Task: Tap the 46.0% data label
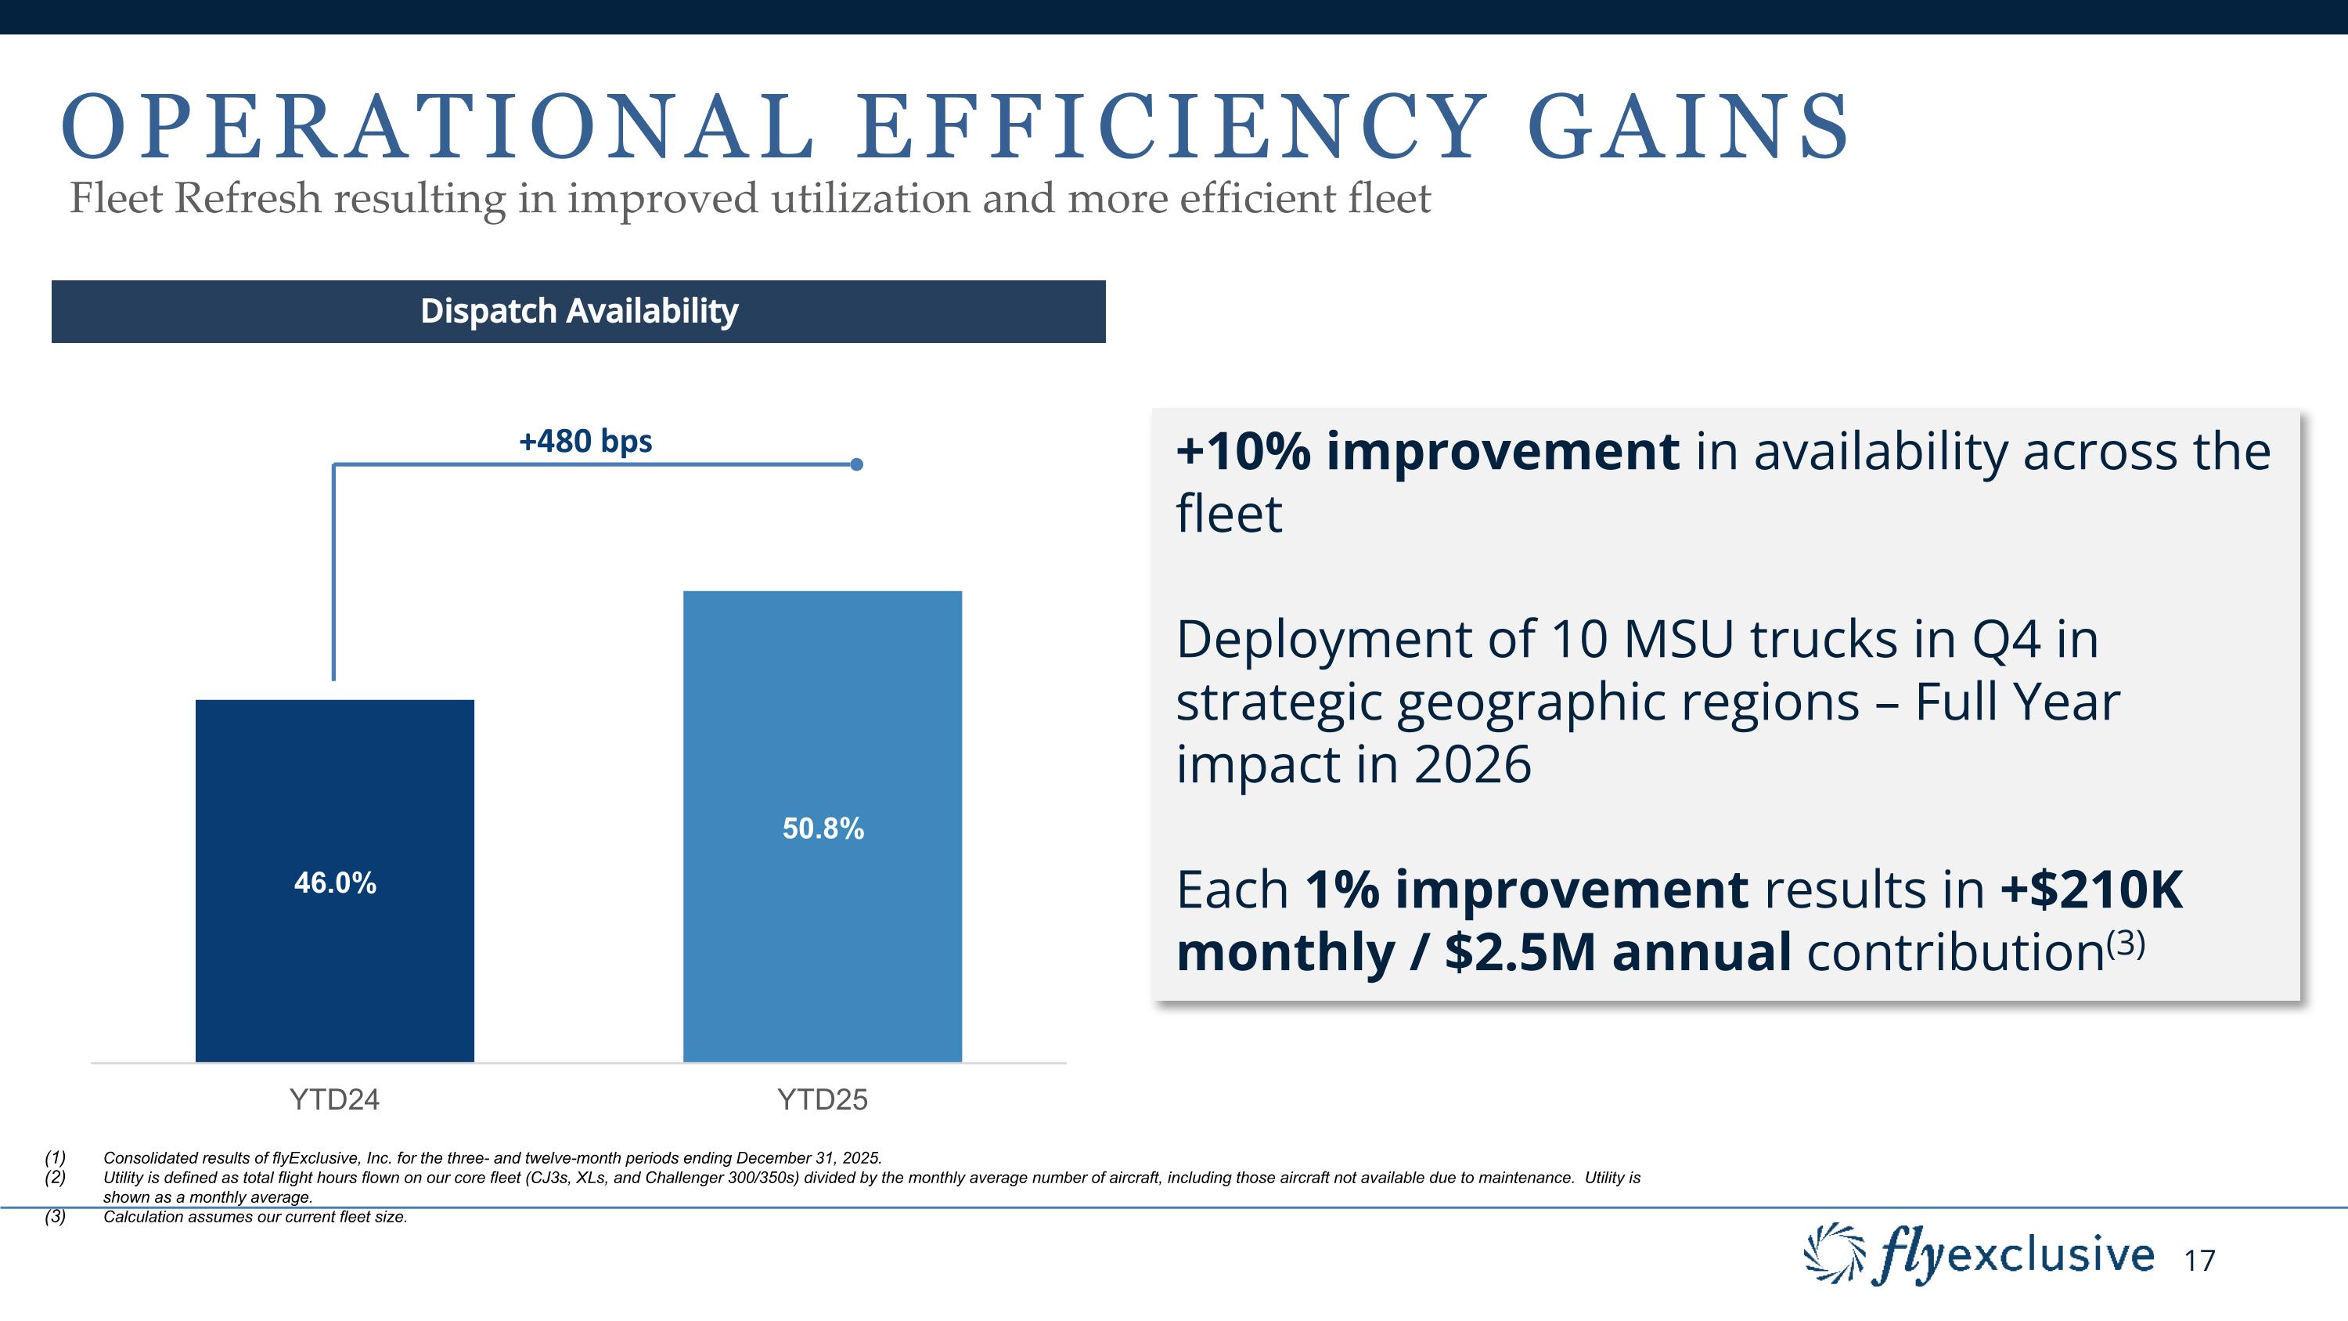(x=334, y=882)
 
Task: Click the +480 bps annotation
(x=585, y=441)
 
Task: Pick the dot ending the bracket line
(x=856, y=465)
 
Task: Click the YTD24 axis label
(x=334, y=1099)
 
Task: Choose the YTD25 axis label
(x=822, y=1099)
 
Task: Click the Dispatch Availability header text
(x=579, y=311)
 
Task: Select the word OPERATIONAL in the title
(x=438, y=128)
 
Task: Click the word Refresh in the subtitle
(x=248, y=199)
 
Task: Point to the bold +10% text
(x=1244, y=451)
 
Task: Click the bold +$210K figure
(x=2092, y=890)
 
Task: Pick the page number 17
(x=2199, y=1261)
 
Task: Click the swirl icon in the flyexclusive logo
(x=1834, y=1254)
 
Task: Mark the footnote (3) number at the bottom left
(x=55, y=1217)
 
